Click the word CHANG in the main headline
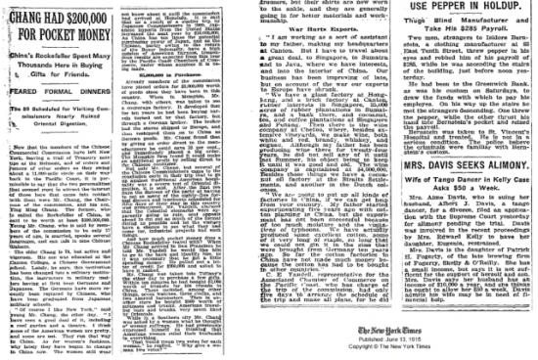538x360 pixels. tap(29, 11)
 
